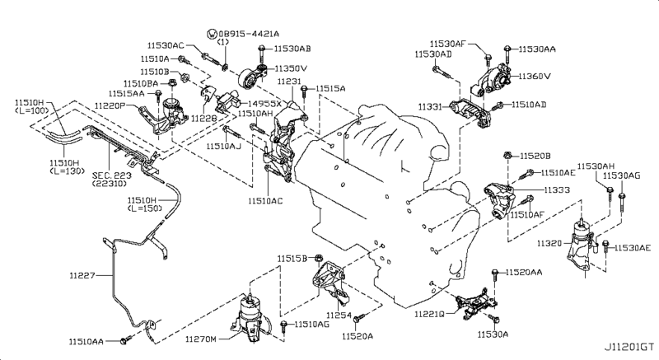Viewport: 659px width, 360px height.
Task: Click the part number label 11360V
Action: point(535,77)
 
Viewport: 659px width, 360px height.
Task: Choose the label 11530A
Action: point(494,334)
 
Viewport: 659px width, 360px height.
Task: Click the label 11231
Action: point(289,82)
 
